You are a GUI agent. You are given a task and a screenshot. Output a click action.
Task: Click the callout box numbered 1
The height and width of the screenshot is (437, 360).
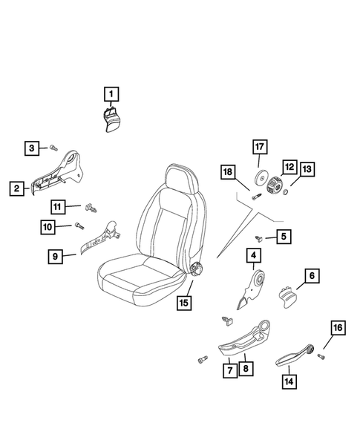point(110,93)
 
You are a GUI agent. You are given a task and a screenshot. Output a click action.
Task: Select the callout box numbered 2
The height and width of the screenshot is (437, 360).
point(16,188)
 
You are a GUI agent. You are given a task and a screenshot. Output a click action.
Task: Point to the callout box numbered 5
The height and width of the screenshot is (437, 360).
point(284,237)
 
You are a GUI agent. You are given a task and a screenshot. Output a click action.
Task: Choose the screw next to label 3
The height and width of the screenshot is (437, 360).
point(54,148)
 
